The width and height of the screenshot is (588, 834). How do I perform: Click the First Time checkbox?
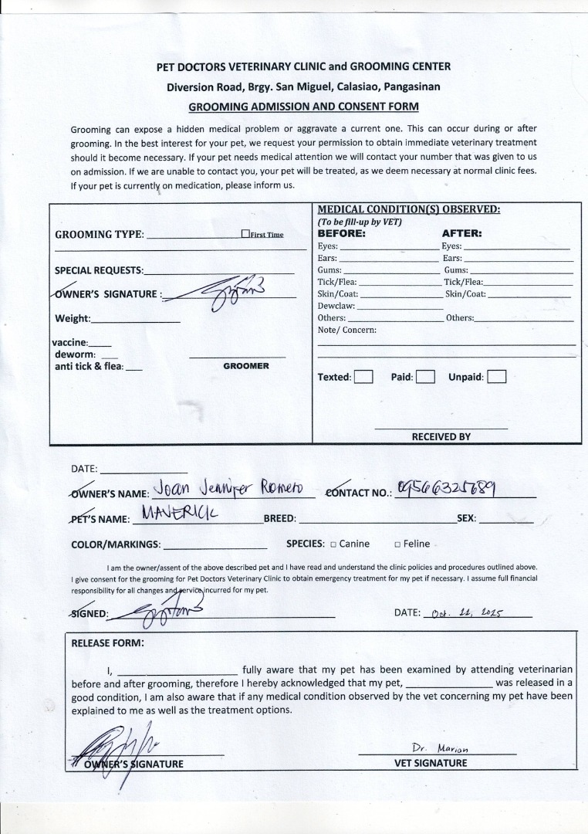pyautogui.click(x=245, y=234)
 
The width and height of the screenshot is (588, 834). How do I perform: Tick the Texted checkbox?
pyautogui.click(x=364, y=378)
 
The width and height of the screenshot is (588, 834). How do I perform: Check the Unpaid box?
pyautogui.click(x=497, y=378)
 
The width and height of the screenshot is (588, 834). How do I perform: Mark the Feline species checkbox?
pyautogui.click(x=397, y=544)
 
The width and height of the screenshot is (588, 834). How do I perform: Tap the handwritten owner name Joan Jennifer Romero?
pyautogui.click(x=230, y=488)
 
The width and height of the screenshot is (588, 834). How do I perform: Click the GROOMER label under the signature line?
pyautogui.click(x=246, y=366)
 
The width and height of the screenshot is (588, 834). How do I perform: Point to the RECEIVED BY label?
pyautogui.click(x=441, y=436)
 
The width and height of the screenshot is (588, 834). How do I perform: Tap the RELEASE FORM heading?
pyautogui.click(x=107, y=643)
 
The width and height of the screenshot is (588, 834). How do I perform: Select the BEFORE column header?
pyautogui.click(x=341, y=232)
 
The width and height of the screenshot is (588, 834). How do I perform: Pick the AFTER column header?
pyautogui.click(x=461, y=232)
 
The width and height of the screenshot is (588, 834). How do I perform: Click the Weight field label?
pyautogui.click(x=73, y=319)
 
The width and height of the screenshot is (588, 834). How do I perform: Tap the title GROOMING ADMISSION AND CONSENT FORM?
pyautogui.click(x=304, y=107)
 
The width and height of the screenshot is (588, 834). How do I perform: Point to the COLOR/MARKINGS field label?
pyautogui.click(x=116, y=544)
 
